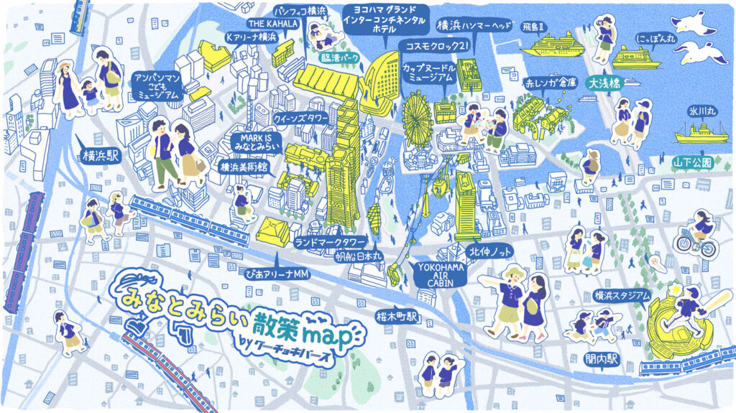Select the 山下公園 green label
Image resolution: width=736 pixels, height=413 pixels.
point(692,163)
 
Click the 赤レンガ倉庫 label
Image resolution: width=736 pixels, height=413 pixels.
point(551,83)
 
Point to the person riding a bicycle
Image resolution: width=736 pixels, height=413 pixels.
point(696,238)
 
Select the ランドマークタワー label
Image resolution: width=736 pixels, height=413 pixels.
point(331,241)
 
